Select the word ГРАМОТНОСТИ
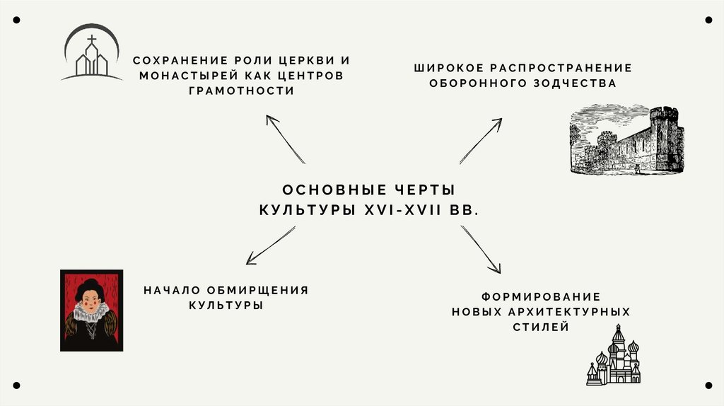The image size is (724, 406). [x=241, y=91]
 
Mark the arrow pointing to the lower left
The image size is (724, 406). [x=271, y=245]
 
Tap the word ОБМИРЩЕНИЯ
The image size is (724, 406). [x=257, y=290]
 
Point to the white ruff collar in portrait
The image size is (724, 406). [x=91, y=313]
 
